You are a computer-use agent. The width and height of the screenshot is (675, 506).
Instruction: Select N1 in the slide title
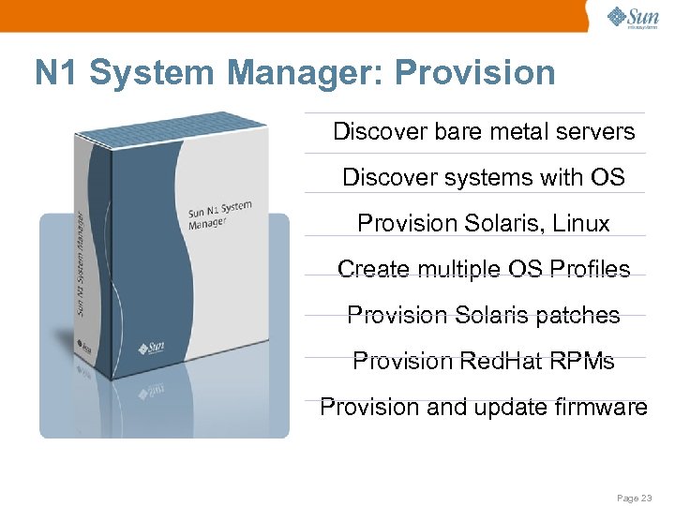pyautogui.click(x=55, y=73)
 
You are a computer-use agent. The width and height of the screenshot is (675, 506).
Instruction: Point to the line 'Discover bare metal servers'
pyautogui.click(x=484, y=131)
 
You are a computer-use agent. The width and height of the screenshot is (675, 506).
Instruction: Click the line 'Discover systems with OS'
pyautogui.click(x=484, y=177)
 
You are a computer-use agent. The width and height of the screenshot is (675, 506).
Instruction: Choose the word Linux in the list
pyautogui.click(x=578, y=223)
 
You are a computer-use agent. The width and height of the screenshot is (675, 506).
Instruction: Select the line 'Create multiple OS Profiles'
pyautogui.click(x=484, y=269)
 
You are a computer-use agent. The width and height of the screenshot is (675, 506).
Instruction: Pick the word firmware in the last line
pyautogui.click(x=601, y=407)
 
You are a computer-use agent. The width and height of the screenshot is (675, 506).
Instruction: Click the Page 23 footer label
pyautogui.click(x=633, y=498)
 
